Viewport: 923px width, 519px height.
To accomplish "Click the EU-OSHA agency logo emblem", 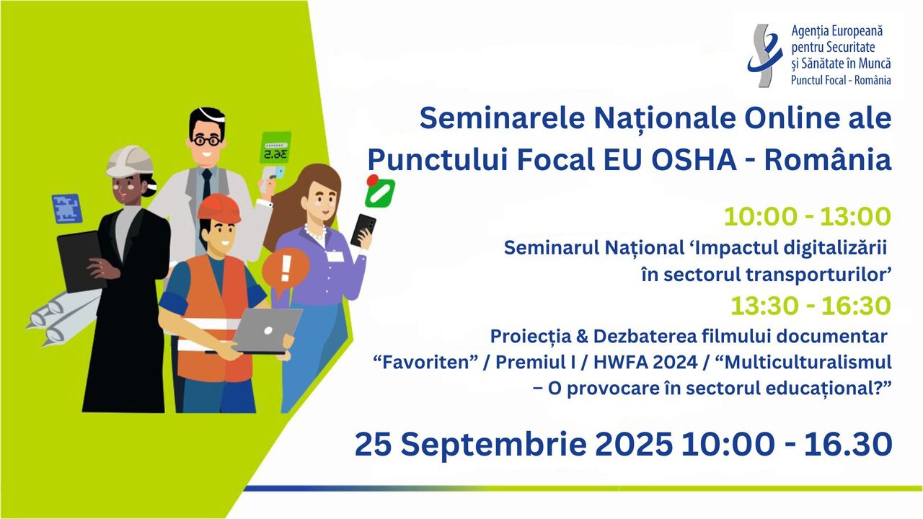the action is (x=765, y=56).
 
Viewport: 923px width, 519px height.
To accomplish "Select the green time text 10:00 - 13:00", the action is (x=807, y=217).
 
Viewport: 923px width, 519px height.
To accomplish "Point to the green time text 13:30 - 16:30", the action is (x=811, y=306).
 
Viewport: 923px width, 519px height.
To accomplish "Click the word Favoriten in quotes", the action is (x=425, y=363).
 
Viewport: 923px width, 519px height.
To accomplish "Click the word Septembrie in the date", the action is (x=493, y=445).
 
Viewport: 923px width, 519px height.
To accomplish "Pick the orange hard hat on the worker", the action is (x=218, y=208).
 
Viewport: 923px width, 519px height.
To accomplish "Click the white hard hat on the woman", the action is (x=131, y=161).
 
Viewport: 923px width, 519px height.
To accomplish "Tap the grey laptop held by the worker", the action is (x=265, y=331).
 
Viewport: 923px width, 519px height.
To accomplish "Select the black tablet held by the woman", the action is (x=81, y=262).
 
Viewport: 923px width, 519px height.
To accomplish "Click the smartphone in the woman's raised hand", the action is (x=363, y=230).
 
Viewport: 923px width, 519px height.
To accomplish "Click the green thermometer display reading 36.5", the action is (x=275, y=148).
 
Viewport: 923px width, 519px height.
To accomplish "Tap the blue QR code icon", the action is (x=67, y=209).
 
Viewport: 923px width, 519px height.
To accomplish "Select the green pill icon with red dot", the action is (x=379, y=191).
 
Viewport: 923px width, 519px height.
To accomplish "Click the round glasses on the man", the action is (x=206, y=141).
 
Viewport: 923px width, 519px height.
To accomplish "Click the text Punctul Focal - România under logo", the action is (x=841, y=80).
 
